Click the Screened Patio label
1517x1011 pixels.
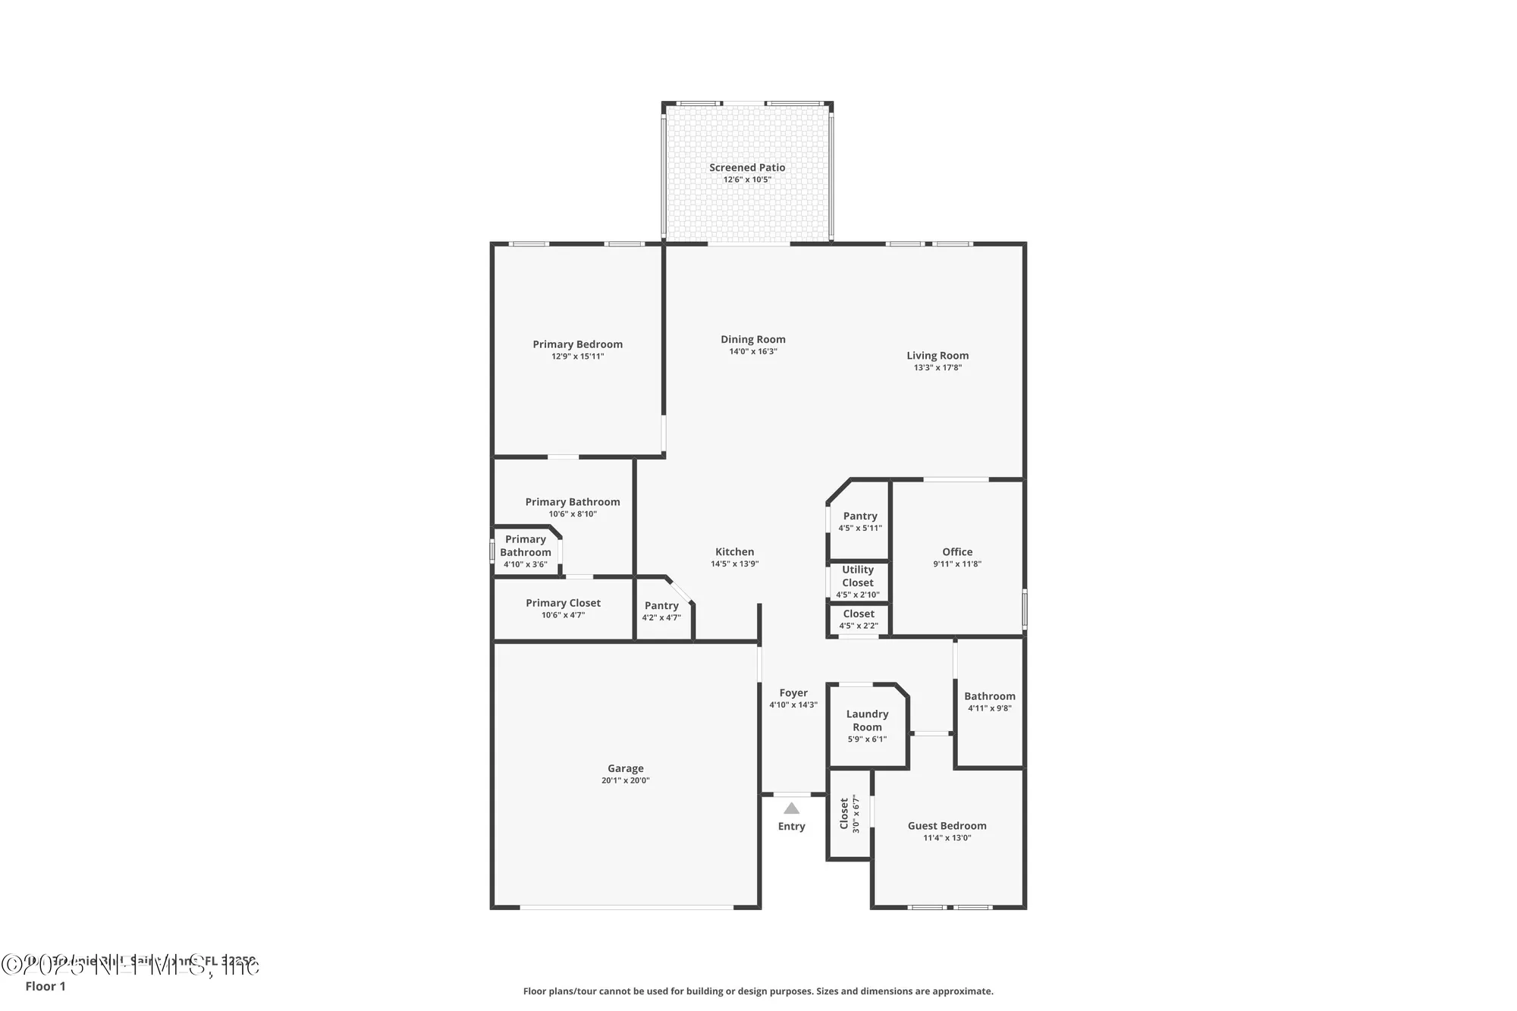coord(747,168)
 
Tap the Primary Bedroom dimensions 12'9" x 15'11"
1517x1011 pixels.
coord(577,356)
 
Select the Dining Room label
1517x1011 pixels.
coord(752,340)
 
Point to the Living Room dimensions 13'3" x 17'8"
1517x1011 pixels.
coord(938,368)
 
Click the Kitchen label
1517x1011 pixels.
coord(734,552)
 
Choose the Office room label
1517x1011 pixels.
coord(957,552)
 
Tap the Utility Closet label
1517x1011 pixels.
coord(858,576)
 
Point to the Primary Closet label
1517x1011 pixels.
coord(563,604)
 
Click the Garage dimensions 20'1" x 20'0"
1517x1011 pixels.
coord(625,780)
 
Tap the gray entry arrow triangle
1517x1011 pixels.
coord(791,808)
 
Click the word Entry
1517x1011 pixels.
coord(791,827)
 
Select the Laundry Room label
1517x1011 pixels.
coord(867,721)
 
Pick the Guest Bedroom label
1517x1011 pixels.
coord(947,826)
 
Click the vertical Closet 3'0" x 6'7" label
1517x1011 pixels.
coord(849,814)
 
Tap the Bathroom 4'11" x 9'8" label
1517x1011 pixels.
coord(989,696)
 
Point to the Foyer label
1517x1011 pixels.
coord(793,693)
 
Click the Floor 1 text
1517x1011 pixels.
coord(46,986)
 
